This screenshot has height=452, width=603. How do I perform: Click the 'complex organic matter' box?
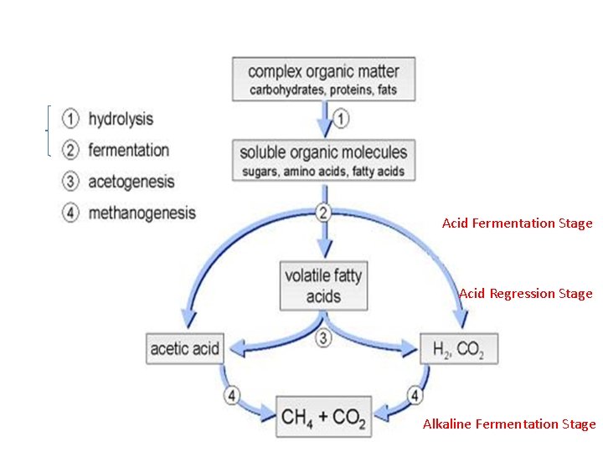tap(323, 79)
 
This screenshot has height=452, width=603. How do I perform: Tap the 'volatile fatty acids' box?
tap(323, 285)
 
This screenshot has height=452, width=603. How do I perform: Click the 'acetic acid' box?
tap(185, 347)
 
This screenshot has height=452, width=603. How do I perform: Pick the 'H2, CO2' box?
tap(459, 347)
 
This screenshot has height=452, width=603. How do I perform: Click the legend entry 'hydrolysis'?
tap(121, 120)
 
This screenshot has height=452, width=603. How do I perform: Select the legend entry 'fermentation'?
tap(128, 151)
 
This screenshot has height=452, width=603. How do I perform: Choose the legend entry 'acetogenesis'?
tap(131, 182)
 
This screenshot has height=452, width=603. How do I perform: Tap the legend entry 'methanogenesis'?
tap(142, 213)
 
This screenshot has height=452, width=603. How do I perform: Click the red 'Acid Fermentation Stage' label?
tap(517, 223)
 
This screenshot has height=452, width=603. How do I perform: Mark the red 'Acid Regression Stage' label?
tap(525, 294)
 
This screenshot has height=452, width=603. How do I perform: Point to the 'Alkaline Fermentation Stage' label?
tap(509, 424)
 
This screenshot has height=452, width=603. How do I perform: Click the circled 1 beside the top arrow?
tap(341, 119)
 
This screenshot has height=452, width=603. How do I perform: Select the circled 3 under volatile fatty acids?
tap(323, 338)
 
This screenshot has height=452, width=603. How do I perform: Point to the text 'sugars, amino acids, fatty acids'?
tap(323, 172)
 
